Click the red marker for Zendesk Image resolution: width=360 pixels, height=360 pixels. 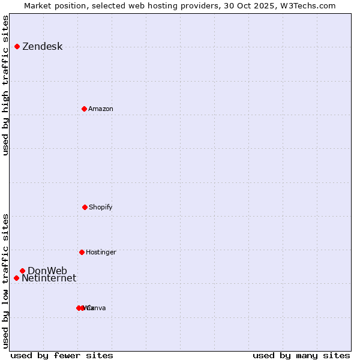tap(17, 46)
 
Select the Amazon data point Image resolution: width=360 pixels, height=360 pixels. tap(84, 109)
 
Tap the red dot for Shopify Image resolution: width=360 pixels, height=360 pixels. tap(85, 207)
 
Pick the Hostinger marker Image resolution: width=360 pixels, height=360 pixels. tap(82, 252)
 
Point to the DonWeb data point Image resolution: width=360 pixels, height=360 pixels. tap(22, 271)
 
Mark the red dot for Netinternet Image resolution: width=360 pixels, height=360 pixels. tap(16, 278)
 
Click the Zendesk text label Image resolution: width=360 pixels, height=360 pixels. tap(42, 47)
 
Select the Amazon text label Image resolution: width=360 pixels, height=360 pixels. tap(101, 109)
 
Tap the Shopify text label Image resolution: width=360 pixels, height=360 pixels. tap(101, 208)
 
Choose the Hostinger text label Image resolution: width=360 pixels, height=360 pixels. tap(101, 253)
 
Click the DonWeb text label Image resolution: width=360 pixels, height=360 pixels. tap(47, 271)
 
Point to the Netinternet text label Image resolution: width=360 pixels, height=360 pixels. tap(49, 278)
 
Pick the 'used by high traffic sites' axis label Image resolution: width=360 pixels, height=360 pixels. tap(5, 85)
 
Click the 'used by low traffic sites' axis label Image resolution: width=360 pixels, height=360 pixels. tap(5, 280)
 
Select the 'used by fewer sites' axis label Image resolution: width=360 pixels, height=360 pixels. tap(62, 356)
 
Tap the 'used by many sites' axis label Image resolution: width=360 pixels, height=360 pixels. tap(301, 356)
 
